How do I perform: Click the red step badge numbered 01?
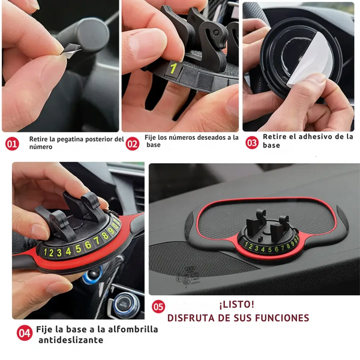tap(12, 144)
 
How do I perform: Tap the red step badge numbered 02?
tap(133, 144)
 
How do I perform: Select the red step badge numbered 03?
tap(252, 143)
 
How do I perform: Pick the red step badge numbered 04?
tap(25, 333)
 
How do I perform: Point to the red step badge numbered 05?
tap(158, 307)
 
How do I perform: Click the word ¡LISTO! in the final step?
tap(237, 305)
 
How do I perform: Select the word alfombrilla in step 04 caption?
tap(133, 329)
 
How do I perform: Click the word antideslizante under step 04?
tap(71, 340)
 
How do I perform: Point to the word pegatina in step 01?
tap(68, 139)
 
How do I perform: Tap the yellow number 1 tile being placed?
tap(173, 68)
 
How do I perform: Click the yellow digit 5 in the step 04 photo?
tap(78, 248)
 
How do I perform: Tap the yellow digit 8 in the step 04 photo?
tap(105, 236)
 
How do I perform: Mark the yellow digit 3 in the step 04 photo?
tap(59, 253)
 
